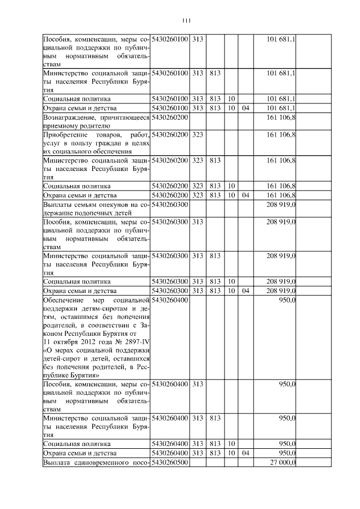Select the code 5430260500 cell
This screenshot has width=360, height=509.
[x=170, y=463]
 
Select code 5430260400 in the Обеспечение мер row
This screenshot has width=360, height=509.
[x=170, y=300]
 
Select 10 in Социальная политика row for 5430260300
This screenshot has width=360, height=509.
[x=231, y=281]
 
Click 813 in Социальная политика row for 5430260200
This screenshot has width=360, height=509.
[x=214, y=186]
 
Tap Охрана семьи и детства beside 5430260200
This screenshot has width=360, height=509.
[x=79, y=195]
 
